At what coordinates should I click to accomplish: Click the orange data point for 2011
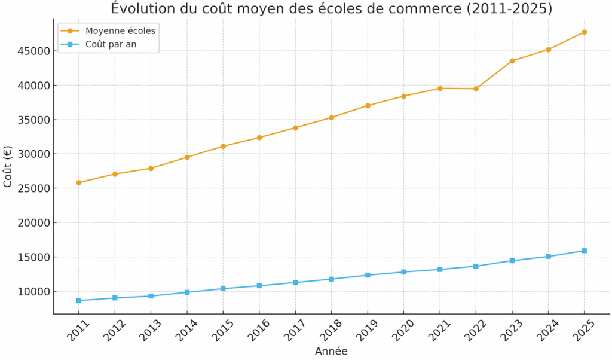79,182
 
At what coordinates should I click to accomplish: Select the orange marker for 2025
584,32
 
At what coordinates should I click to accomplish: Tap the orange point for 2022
476,89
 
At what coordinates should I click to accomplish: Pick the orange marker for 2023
512,61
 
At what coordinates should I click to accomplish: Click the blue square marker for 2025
584,251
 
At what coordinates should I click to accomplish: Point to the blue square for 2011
79,300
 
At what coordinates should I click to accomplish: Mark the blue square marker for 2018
331,279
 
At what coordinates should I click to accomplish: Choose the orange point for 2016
259,138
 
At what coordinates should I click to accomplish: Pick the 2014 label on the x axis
185,331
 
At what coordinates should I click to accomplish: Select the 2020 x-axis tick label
401,331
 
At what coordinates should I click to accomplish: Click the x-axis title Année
331,351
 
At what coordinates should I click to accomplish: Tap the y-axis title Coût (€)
8,166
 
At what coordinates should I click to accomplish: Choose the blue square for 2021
440,269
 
